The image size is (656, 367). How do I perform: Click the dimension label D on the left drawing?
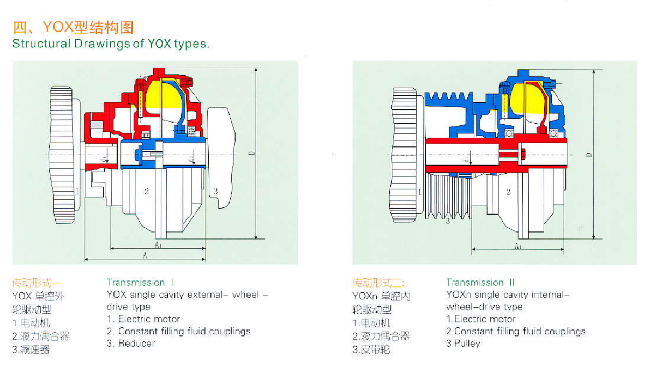251,154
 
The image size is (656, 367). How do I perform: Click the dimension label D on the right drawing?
588,155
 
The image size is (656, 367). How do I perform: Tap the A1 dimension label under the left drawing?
158,245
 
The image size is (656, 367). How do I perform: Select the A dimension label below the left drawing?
145,255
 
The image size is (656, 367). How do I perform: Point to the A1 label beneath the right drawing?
518,246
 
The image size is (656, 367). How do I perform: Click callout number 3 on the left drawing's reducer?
216,191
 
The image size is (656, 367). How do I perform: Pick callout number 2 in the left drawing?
146,191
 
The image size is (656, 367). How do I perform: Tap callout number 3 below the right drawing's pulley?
448,221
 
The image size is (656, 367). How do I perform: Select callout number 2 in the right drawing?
508,192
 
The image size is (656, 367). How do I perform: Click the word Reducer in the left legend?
136,344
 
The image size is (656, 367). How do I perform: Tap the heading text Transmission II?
480,282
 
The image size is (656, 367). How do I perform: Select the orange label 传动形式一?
37,283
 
